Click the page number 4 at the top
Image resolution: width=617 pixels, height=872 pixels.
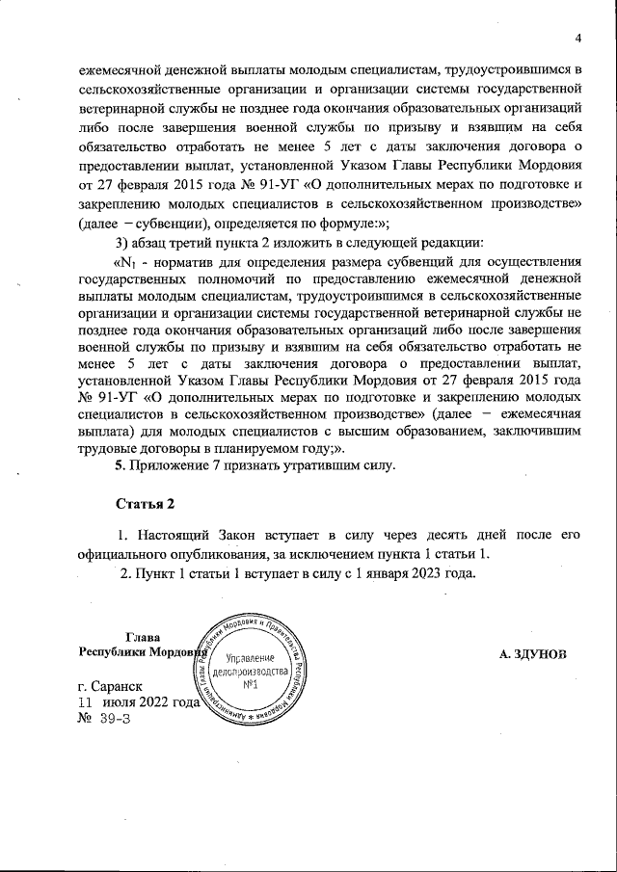pos(578,39)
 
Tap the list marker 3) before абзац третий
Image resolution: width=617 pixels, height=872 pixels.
pos(122,241)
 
